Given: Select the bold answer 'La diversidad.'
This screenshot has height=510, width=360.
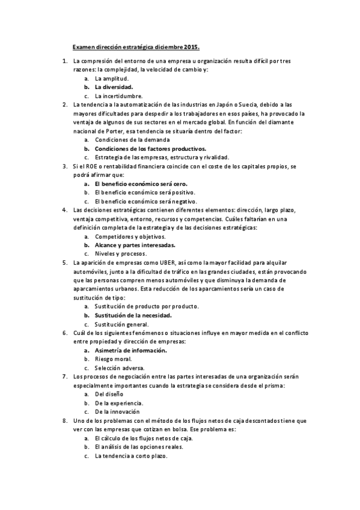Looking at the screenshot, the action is pos(114,87).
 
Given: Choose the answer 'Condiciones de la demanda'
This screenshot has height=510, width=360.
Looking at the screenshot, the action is pos(128,140).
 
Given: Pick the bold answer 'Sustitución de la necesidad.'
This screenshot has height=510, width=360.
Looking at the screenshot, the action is pos(133,315).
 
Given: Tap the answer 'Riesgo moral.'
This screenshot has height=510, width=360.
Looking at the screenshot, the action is pos(112,358).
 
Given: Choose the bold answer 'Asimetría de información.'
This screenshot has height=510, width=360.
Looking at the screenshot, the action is pos(130,350).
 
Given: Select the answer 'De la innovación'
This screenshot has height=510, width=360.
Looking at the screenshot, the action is pos(117,411).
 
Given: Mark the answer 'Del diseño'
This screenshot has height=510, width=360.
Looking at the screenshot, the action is pos(109,394).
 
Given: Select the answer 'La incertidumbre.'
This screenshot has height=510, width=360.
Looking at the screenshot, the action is pos(118,96).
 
